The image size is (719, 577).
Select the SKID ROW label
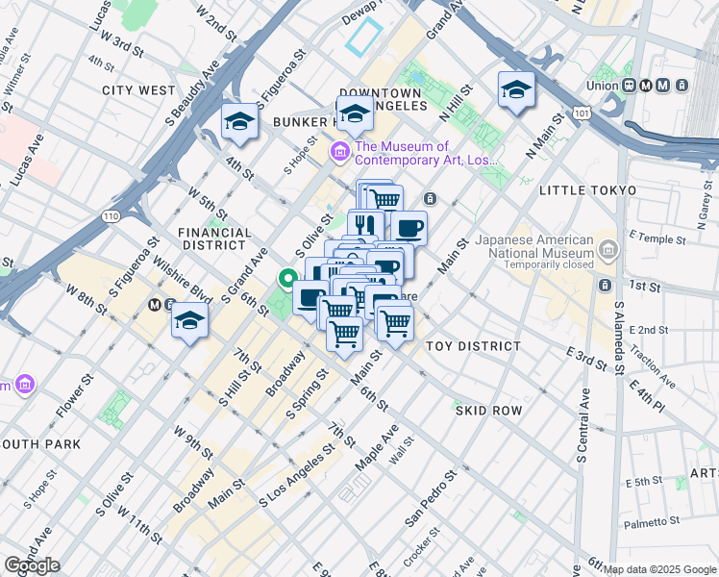click(488, 411)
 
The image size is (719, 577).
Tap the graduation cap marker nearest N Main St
click(516, 90)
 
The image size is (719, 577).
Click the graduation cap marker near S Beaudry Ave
click(239, 121)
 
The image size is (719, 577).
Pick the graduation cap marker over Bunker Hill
click(355, 113)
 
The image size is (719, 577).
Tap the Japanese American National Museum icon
click(607, 251)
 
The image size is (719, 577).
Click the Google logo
click(32, 565)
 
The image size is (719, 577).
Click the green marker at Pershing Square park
click(286, 280)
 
